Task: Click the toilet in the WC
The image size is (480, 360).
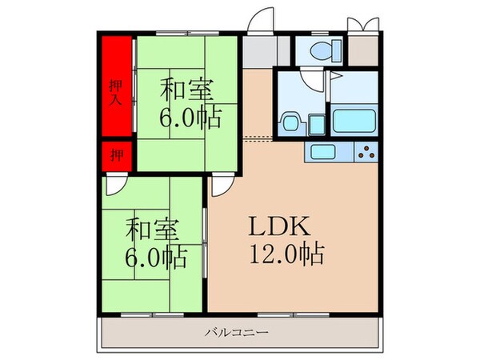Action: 325,50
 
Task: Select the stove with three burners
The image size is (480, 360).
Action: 367,151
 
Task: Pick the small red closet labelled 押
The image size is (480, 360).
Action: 116,155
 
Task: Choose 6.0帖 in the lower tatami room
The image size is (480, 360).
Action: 158,258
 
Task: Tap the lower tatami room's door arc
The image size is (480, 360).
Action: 114,186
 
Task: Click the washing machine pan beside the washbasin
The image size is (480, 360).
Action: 316,123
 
